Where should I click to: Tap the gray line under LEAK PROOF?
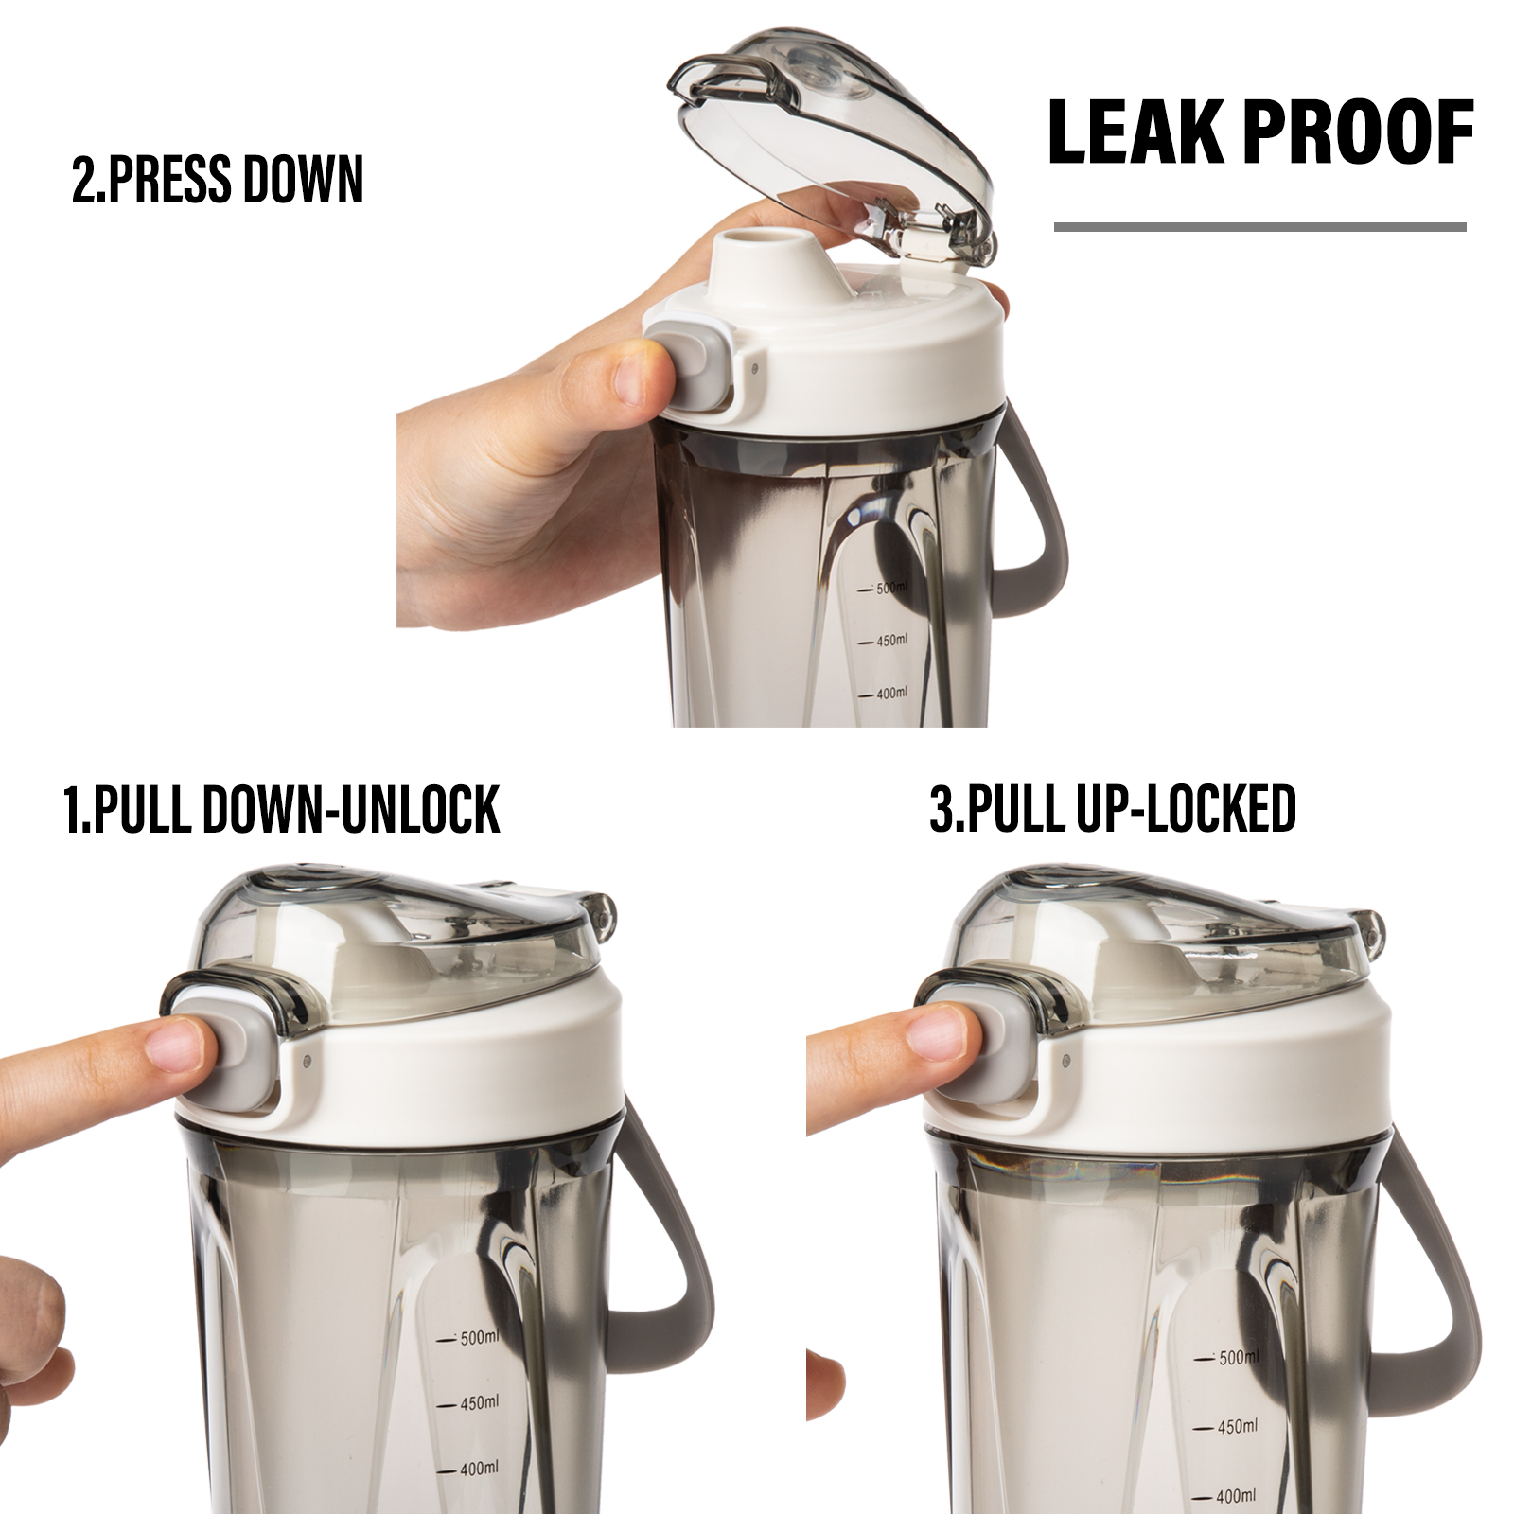pyautogui.click(x=1260, y=227)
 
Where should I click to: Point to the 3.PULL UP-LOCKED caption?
pyautogui.click(x=1113, y=810)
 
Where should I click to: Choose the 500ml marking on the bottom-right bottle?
pyautogui.click(x=1227, y=1358)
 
